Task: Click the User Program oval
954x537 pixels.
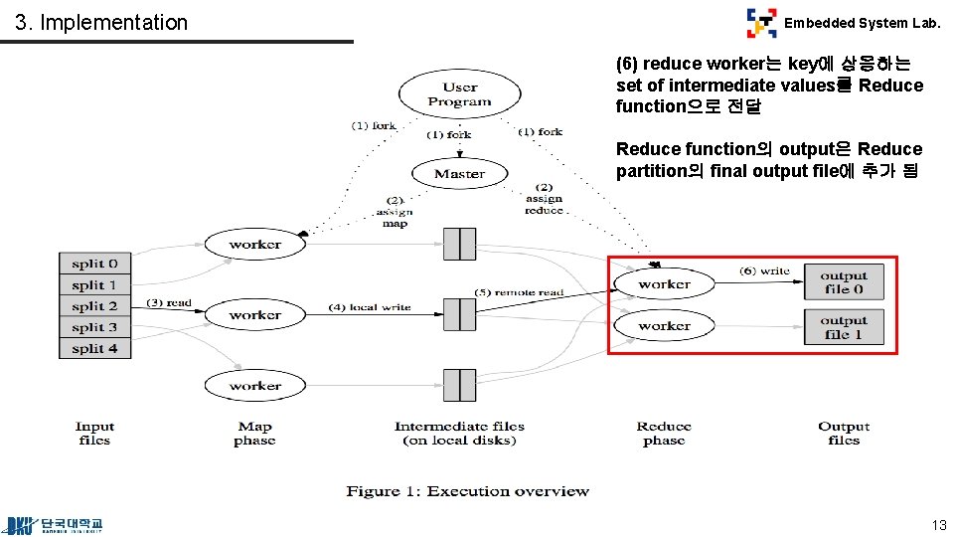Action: tap(459, 94)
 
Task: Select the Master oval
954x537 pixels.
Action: tap(459, 174)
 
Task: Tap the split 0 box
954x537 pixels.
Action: tap(94, 264)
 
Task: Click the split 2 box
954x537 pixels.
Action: tap(94, 306)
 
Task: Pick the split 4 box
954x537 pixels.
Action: tap(94, 348)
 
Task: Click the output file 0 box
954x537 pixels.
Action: tap(843, 282)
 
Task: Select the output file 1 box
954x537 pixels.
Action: tap(843, 327)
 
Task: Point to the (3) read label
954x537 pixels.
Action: tap(168, 302)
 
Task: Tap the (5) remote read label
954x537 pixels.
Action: tap(518, 292)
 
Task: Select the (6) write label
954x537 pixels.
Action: tap(764, 270)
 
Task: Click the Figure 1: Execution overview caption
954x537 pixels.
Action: tap(467, 491)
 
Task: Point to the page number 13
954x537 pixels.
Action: tap(938, 525)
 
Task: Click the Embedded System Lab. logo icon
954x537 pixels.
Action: tap(762, 22)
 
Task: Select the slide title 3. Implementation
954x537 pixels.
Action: tap(101, 22)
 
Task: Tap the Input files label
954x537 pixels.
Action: tap(94, 434)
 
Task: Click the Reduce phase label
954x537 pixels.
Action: tap(664, 434)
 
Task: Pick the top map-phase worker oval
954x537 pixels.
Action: tap(254, 245)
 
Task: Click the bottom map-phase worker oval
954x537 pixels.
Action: tap(254, 386)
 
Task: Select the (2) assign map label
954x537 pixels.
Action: tap(394, 212)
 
